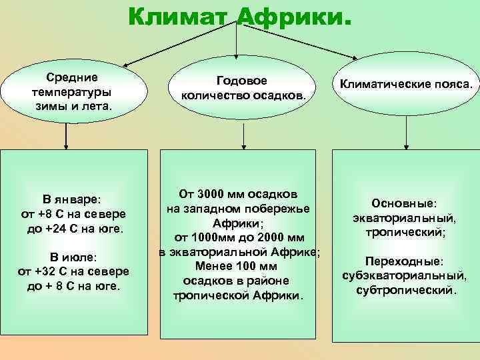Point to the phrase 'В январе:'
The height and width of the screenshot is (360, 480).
point(71,199)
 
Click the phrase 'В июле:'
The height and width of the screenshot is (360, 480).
point(72,257)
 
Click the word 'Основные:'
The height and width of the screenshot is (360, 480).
point(404,202)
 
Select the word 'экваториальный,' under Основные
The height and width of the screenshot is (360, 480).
point(404,217)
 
